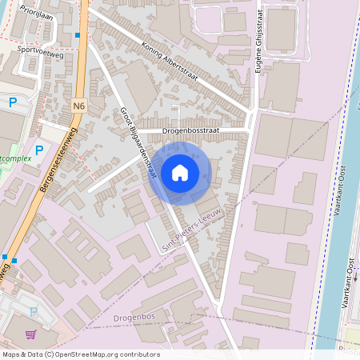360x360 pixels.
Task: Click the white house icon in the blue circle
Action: [180, 173]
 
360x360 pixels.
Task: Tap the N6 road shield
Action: [78, 106]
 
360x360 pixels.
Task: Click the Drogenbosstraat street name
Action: [191, 129]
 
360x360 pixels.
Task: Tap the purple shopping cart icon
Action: [31, 334]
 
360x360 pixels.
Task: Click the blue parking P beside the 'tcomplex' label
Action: [38, 149]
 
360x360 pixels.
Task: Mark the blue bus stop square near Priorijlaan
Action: [77, 36]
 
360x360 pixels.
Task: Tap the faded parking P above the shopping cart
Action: [34, 312]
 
